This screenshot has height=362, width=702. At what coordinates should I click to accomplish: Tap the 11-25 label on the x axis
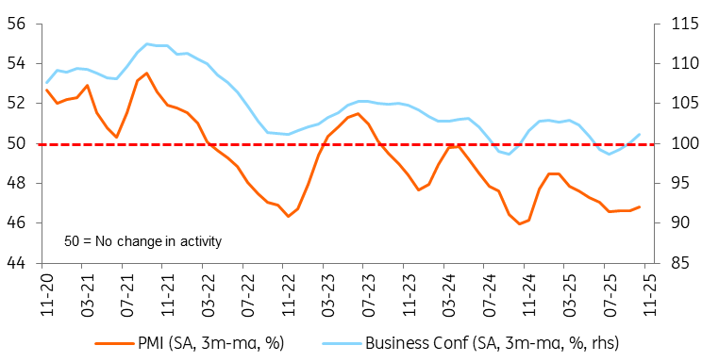pyautogui.click(x=650, y=291)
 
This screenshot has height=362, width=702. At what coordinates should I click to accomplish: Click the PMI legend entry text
pyautogui.click(x=211, y=344)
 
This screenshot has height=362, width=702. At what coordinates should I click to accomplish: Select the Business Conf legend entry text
pyautogui.click(x=492, y=344)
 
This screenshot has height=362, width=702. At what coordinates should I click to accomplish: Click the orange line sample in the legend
pyautogui.click(x=114, y=344)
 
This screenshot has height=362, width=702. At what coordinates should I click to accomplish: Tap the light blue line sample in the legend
pyautogui.click(x=342, y=344)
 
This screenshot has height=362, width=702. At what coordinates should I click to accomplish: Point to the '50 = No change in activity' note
pyautogui.click(x=142, y=242)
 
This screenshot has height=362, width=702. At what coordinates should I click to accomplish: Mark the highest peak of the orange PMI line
pyautogui.click(x=146, y=73)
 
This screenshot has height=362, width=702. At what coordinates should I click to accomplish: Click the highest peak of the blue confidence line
pyautogui.click(x=146, y=44)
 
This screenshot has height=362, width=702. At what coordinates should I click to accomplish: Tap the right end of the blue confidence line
pyautogui.click(x=640, y=134)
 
